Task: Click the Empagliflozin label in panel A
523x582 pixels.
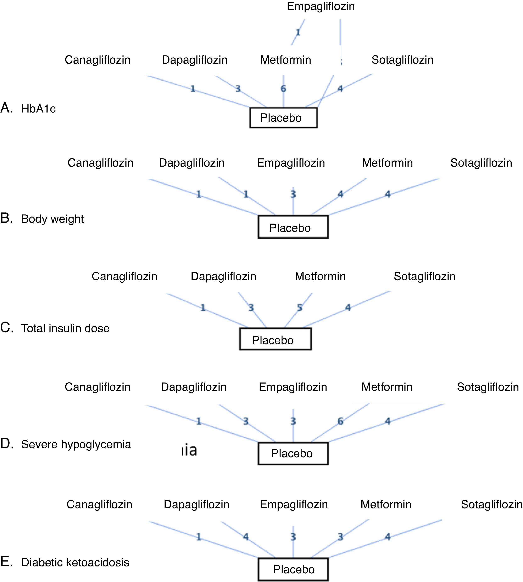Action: tap(321, 6)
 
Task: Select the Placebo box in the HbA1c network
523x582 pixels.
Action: tap(283, 118)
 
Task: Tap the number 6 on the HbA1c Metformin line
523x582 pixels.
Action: tap(283, 89)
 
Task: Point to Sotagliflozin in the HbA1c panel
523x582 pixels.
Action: tap(402, 60)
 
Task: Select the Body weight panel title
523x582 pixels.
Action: tap(52, 219)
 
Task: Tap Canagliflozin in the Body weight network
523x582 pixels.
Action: tap(100, 163)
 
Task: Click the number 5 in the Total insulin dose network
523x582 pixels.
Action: tap(300, 308)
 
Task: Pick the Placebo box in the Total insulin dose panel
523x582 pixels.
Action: tap(275, 339)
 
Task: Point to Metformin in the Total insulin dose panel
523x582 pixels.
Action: tap(320, 276)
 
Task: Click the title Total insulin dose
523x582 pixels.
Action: tap(65, 328)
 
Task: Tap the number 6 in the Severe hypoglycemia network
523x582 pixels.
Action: tap(340, 421)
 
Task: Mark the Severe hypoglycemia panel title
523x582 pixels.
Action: tap(76, 444)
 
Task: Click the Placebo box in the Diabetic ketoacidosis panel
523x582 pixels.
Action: tap(293, 569)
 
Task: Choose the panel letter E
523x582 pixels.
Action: tap(6, 562)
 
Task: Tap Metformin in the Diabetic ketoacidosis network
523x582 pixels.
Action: tap(386, 504)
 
